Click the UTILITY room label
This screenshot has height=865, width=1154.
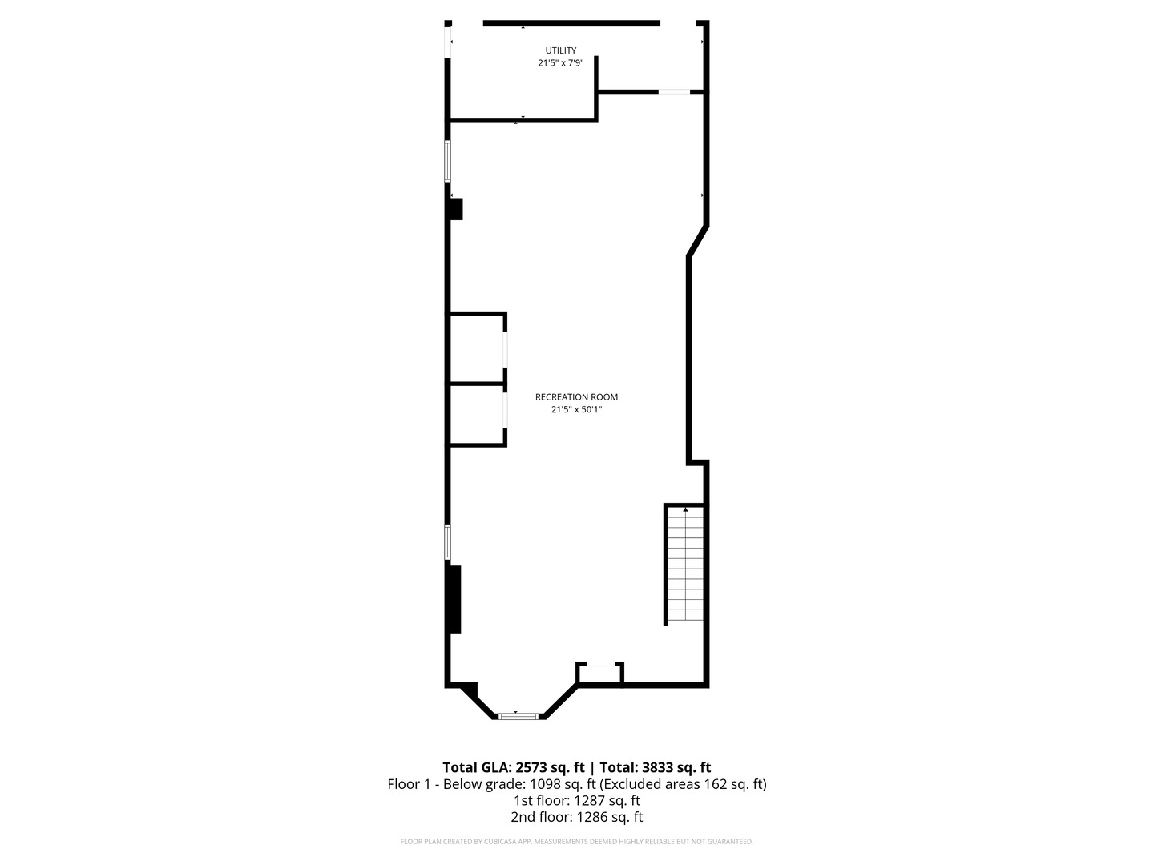tap(560, 50)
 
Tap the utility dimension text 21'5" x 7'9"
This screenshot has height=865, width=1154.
tap(560, 62)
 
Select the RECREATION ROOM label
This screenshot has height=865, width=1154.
tap(576, 397)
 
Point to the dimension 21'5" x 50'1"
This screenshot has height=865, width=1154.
tap(576, 409)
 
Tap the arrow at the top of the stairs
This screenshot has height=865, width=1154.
tap(685, 509)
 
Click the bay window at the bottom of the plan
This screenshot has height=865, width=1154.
tap(516, 715)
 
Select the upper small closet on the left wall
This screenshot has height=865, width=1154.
tap(476, 348)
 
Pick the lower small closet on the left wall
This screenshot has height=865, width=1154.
tap(476, 414)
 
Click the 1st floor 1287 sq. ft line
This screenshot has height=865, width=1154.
tap(576, 800)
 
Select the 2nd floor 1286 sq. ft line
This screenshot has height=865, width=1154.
tap(576, 817)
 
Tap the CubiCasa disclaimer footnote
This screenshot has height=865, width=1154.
tap(576, 842)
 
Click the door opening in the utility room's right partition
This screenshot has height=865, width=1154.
tap(674, 92)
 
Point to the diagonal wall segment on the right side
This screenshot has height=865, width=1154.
tap(698, 241)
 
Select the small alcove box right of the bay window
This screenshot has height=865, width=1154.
tap(599, 674)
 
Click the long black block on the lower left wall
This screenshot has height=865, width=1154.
tap(455, 599)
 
